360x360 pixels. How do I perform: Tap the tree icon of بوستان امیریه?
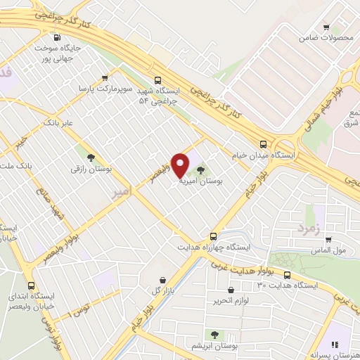click(x=201, y=169)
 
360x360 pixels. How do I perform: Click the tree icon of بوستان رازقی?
click(x=89, y=157)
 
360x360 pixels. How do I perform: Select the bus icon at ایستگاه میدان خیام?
click(x=262, y=141)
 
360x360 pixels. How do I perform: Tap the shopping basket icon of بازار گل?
click(x=163, y=280)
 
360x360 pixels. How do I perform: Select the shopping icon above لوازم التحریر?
click(x=231, y=290)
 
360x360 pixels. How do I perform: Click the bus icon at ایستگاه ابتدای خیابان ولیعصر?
click(x=30, y=285)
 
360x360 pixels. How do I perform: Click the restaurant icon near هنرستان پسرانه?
click(x=335, y=344)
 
